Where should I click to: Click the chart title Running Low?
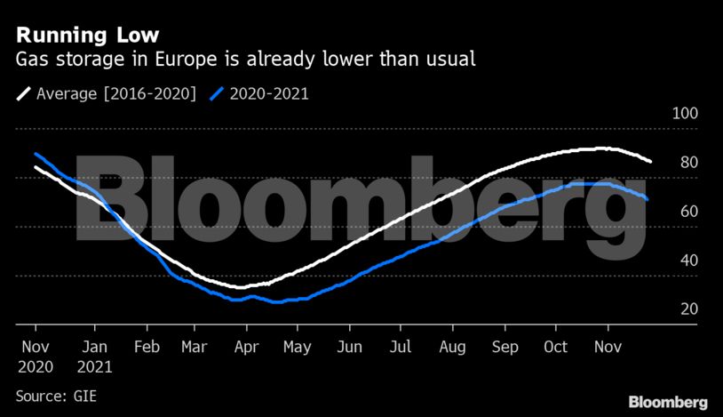(x=88, y=36)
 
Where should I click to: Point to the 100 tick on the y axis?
(x=687, y=114)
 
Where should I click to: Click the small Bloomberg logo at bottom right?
(x=668, y=401)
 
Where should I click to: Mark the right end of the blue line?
(x=648, y=200)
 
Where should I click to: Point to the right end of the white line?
(x=651, y=162)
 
